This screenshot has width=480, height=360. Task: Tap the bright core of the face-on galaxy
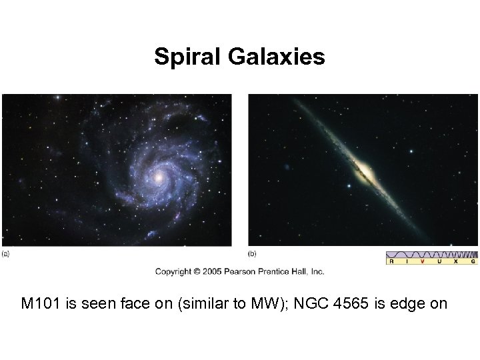coord(159,178)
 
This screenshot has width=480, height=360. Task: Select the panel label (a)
coord(6,253)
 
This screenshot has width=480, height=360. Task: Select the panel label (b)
coord(253,253)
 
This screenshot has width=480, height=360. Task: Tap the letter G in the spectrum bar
coord(473,262)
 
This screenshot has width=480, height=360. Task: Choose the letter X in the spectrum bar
coord(456,262)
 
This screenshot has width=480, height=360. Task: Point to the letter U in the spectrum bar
coord(440,262)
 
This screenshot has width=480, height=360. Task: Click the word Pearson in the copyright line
coord(243,271)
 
